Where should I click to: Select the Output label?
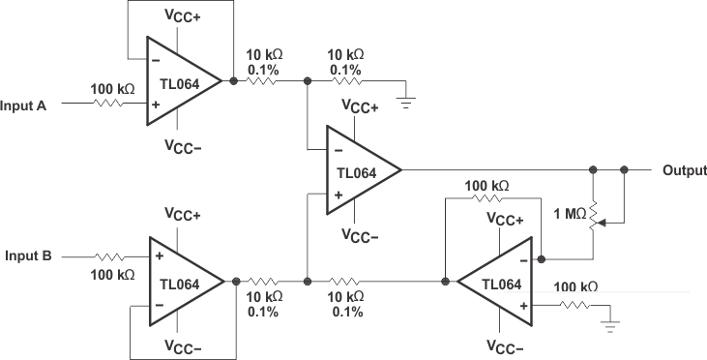tap(684, 170)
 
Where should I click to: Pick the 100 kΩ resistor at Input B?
tap(110, 256)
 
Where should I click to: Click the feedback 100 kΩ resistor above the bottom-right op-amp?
tap(487, 198)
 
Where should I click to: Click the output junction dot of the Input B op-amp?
tap(236, 282)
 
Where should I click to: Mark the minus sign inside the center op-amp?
tap(339, 150)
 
